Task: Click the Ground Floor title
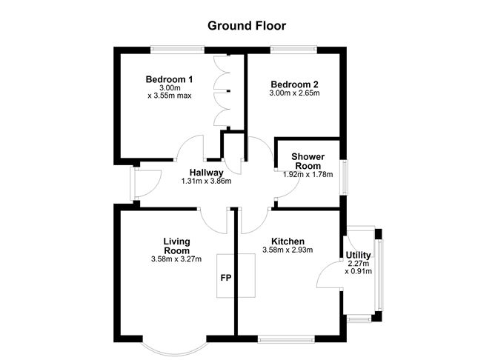coord(247,26)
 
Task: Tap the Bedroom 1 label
coord(169,80)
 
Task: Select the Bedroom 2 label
coord(293,84)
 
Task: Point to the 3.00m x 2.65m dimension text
coord(293,94)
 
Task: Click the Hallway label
coord(206,173)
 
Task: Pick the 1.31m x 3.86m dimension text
coord(206,181)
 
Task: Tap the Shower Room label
coord(307,161)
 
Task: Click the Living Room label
coord(177,246)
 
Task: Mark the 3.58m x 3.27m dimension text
coord(177,260)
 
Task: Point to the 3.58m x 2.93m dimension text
coord(288,251)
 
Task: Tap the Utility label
coord(359,256)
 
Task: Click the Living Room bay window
coord(172,346)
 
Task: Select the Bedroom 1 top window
coord(176,50)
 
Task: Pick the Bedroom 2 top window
coord(294,50)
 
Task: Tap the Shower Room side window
coord(345,177)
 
